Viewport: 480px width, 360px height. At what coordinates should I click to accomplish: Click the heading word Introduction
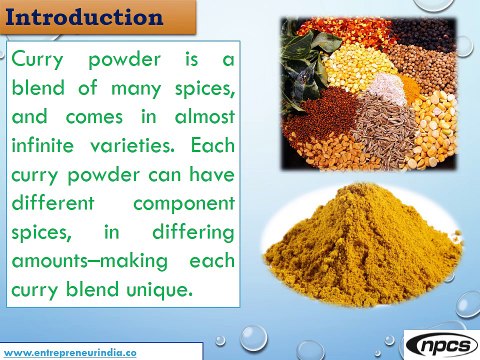(83, 17)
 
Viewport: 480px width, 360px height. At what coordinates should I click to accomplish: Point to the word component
(186, 203)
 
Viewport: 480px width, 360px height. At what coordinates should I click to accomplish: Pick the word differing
(192, 232)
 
